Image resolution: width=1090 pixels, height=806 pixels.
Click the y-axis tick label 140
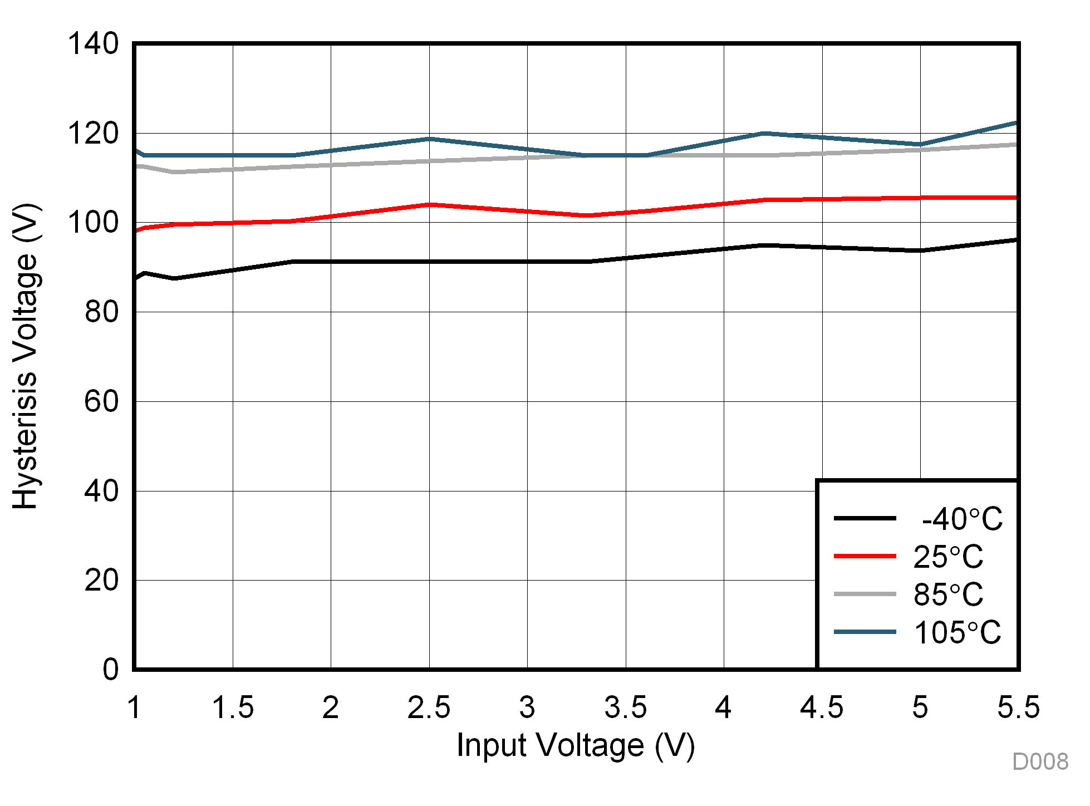(x=93, y=43)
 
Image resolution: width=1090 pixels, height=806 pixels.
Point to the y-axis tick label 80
(x=101, y=312)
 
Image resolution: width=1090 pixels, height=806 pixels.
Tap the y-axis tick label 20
(x=101, y=580)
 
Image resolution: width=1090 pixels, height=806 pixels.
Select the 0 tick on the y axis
(x=111, y=669)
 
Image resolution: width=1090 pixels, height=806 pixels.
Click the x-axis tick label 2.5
(x=429, y=708)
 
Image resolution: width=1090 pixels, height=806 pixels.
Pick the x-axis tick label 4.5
(x=822, y=708)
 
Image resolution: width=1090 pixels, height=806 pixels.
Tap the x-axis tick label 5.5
(x=1018, y=708)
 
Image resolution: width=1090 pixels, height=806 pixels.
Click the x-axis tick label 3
(x=527, y=708)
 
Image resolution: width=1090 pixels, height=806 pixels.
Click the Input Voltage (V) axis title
(x=576, y=745)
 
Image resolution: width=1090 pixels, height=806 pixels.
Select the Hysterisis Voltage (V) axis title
(x=25, y=356)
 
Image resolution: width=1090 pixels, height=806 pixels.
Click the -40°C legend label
(x=961, y=519)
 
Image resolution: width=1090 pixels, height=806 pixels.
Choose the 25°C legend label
(x=948, y=557)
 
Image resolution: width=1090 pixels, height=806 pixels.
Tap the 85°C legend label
(x=948, y=594)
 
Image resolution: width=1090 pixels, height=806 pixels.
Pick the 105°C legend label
(x=958, y=632)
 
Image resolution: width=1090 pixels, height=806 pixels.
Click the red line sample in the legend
(x=865, y=556)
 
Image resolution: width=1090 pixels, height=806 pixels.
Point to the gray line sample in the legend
(x=865, y=594)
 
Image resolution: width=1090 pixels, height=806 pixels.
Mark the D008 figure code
(x=1040, y=762)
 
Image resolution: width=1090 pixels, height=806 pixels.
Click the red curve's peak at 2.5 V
(x=429, y=205)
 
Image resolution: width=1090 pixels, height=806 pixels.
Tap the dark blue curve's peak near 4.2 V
(x=764, y=134)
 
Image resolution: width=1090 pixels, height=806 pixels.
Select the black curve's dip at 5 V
(x=920, y=250)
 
